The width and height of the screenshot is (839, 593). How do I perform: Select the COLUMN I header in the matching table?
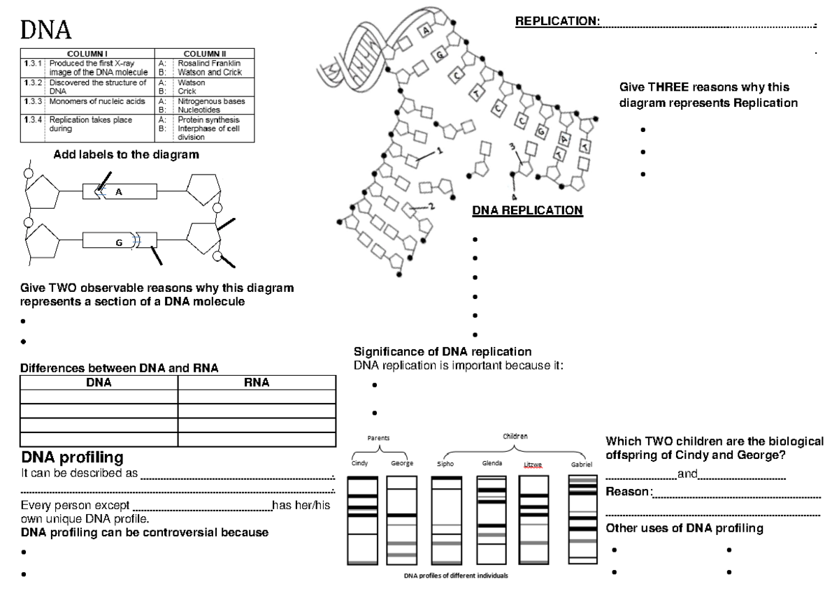87,53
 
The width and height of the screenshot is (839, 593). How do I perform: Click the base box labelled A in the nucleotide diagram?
119,191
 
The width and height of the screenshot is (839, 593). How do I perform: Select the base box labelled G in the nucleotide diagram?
119,242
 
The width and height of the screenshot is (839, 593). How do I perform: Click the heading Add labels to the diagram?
125,155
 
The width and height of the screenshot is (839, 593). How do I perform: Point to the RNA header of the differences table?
257,382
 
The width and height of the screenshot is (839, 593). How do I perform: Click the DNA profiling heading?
73,457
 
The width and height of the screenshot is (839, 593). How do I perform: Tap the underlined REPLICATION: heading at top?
557,22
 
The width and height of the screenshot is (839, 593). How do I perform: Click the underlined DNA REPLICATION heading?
527,210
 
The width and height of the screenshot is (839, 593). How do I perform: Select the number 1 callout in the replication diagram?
439,150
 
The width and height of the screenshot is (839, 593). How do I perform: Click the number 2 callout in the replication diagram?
431,206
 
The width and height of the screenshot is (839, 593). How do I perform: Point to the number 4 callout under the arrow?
514,196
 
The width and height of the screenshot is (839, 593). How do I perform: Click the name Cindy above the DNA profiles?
361,463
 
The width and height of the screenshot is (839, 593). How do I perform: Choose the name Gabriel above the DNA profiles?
582,464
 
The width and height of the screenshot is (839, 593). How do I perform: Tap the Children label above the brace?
515,436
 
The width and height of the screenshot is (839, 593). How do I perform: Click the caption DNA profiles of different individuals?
455,576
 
